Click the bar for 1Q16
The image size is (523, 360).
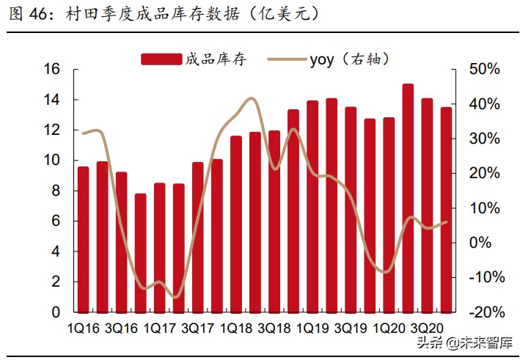83,240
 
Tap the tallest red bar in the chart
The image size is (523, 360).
408,198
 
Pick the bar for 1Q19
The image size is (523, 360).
312,207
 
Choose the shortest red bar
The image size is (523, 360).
140,253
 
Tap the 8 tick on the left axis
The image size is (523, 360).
55,191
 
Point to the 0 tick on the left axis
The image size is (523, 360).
55,312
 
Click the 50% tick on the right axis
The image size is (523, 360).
484,70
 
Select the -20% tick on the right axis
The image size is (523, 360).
484,312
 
